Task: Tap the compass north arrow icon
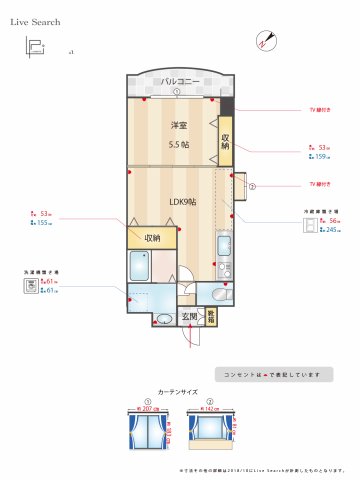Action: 265,41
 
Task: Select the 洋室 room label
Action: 179,125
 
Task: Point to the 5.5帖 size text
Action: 180,143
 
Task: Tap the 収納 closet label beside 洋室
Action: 226,142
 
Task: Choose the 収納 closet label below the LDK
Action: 152,238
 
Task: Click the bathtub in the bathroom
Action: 139,267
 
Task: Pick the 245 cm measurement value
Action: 328,230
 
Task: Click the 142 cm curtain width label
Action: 211,409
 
